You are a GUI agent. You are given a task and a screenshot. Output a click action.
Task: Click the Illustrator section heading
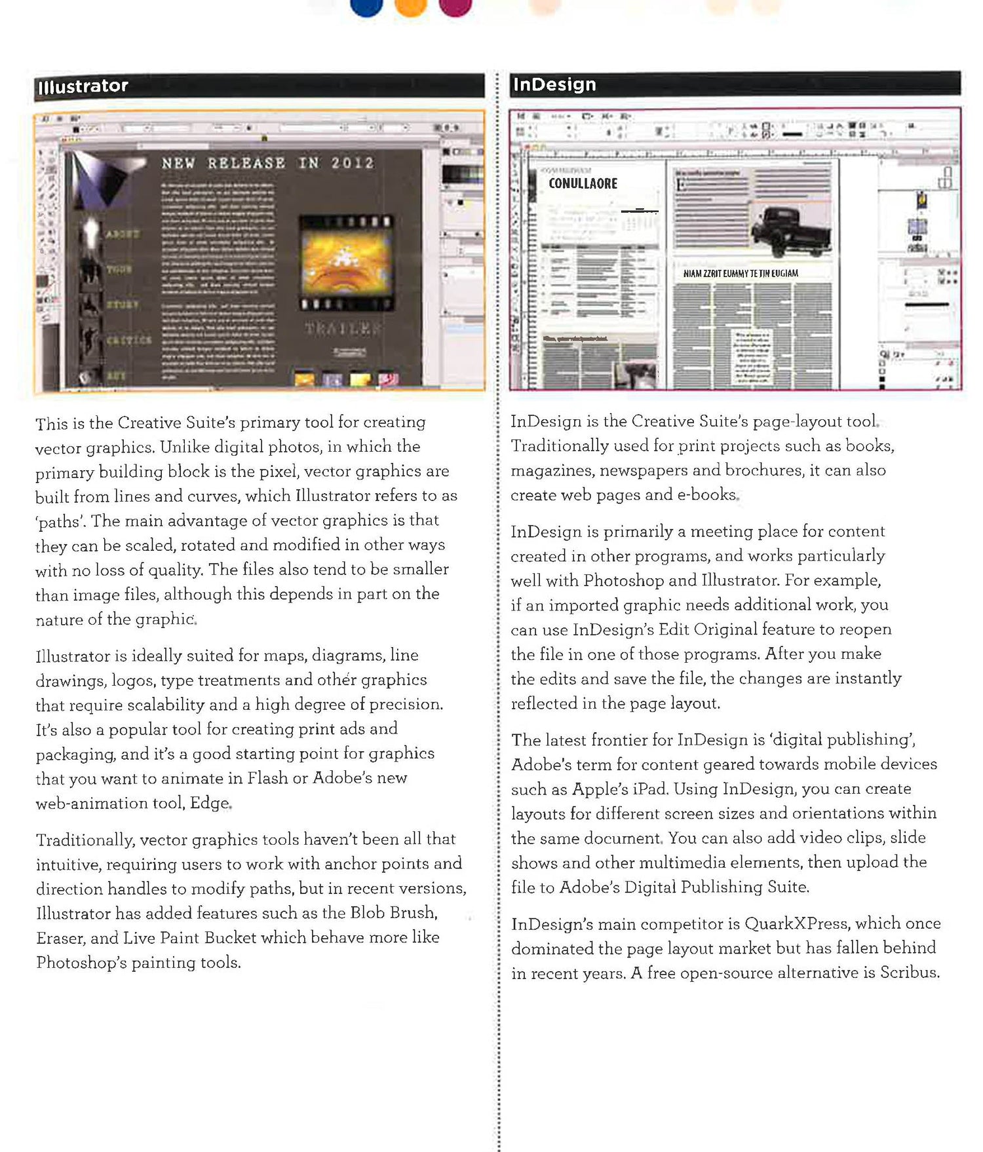[83, 86]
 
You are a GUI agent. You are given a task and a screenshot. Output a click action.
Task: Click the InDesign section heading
[554, 84]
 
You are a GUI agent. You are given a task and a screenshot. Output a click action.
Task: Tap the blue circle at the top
[366, 6]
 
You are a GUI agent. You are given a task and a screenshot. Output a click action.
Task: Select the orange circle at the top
[411, 6]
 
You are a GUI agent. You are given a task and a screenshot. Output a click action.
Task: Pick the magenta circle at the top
[455, 6]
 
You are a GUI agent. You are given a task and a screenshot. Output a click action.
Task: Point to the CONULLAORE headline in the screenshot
[583, 184]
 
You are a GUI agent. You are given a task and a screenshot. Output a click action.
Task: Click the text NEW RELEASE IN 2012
[267, 163]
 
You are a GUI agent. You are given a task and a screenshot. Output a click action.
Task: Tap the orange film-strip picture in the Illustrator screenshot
[347, 261]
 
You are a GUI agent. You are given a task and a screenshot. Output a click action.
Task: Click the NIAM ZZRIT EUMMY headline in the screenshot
[741, 274]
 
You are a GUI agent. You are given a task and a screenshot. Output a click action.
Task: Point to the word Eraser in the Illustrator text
[60, 938]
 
